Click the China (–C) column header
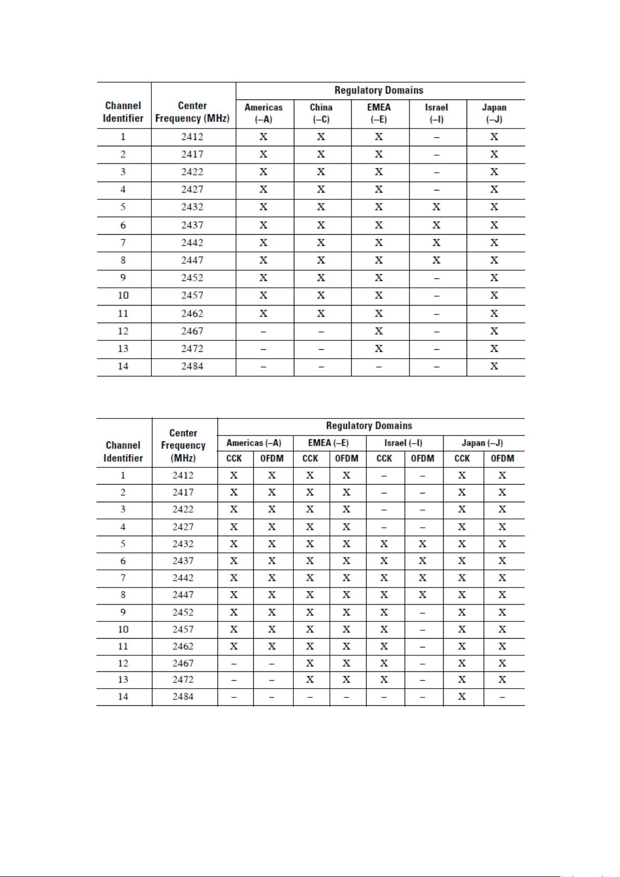coord(321,113)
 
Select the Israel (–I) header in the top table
coord(436,113)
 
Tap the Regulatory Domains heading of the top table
coord(379,91)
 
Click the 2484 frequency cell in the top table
coord(192,366)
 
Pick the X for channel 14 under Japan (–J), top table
coord(494,366)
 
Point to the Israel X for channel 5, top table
coord(436,207)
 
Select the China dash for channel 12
coord(321,332)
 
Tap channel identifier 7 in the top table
coord(123,243)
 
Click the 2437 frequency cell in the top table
coord(192,225)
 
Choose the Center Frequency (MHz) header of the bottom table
coord(183,446)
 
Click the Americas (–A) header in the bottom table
coord(254,443)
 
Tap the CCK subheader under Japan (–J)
coord(462,459)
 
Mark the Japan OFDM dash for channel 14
coord(502,697)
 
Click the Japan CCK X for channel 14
coord(462,697)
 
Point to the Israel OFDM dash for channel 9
coord(423,613)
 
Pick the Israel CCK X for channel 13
coord(384,680)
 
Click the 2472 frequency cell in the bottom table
coord(183,680)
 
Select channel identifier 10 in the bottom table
coord(123,629)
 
